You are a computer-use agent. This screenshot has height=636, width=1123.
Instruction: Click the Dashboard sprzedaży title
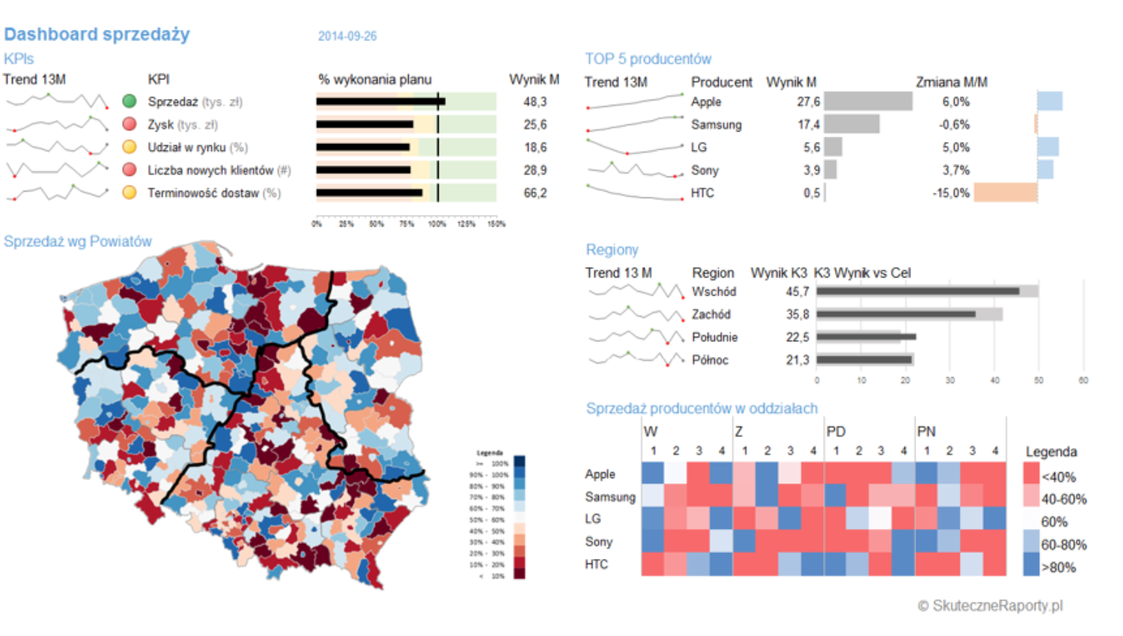97,34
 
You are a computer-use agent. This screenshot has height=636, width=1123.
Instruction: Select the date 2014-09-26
347,36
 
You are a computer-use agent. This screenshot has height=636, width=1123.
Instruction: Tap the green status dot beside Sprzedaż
130,101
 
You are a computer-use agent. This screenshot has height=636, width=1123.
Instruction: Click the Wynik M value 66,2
535,193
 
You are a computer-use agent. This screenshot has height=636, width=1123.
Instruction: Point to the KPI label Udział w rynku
197,147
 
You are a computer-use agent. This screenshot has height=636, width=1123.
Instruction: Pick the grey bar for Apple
868,101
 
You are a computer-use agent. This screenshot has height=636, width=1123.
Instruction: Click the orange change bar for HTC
1005,193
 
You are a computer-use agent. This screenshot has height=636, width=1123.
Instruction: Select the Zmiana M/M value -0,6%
954,124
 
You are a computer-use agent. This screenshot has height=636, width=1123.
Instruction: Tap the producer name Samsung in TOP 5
716,124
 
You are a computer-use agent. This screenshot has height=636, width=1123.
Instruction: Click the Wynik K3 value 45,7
797,292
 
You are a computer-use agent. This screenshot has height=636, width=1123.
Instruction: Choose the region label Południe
714,337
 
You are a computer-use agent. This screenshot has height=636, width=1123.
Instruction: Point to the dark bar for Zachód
896,314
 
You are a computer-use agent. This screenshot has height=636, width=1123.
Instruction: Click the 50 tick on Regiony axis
1038,381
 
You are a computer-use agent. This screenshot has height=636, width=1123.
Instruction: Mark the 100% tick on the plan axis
437,224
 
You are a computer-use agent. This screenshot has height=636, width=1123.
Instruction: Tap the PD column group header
836,432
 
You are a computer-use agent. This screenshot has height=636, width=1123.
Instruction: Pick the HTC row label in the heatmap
597,564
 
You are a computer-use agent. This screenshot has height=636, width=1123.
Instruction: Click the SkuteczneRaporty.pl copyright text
990,605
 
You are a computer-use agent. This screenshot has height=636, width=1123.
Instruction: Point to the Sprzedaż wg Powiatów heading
78,242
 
